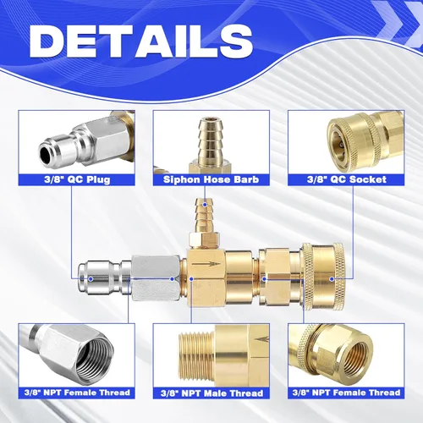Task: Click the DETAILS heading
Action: click(141, 41)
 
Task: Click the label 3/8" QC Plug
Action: click(77, 179)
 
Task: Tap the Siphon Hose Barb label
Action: click(211, 179)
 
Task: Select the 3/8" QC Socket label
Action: click(347, 179)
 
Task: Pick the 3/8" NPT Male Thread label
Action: click(211, 393)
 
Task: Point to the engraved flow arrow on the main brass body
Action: click(206, 264)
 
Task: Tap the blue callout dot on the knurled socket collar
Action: click(332, 279)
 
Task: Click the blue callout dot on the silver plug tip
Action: click(91, 279)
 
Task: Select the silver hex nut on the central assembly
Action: click(156, 277)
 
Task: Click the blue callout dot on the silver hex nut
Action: click(173, 279)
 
